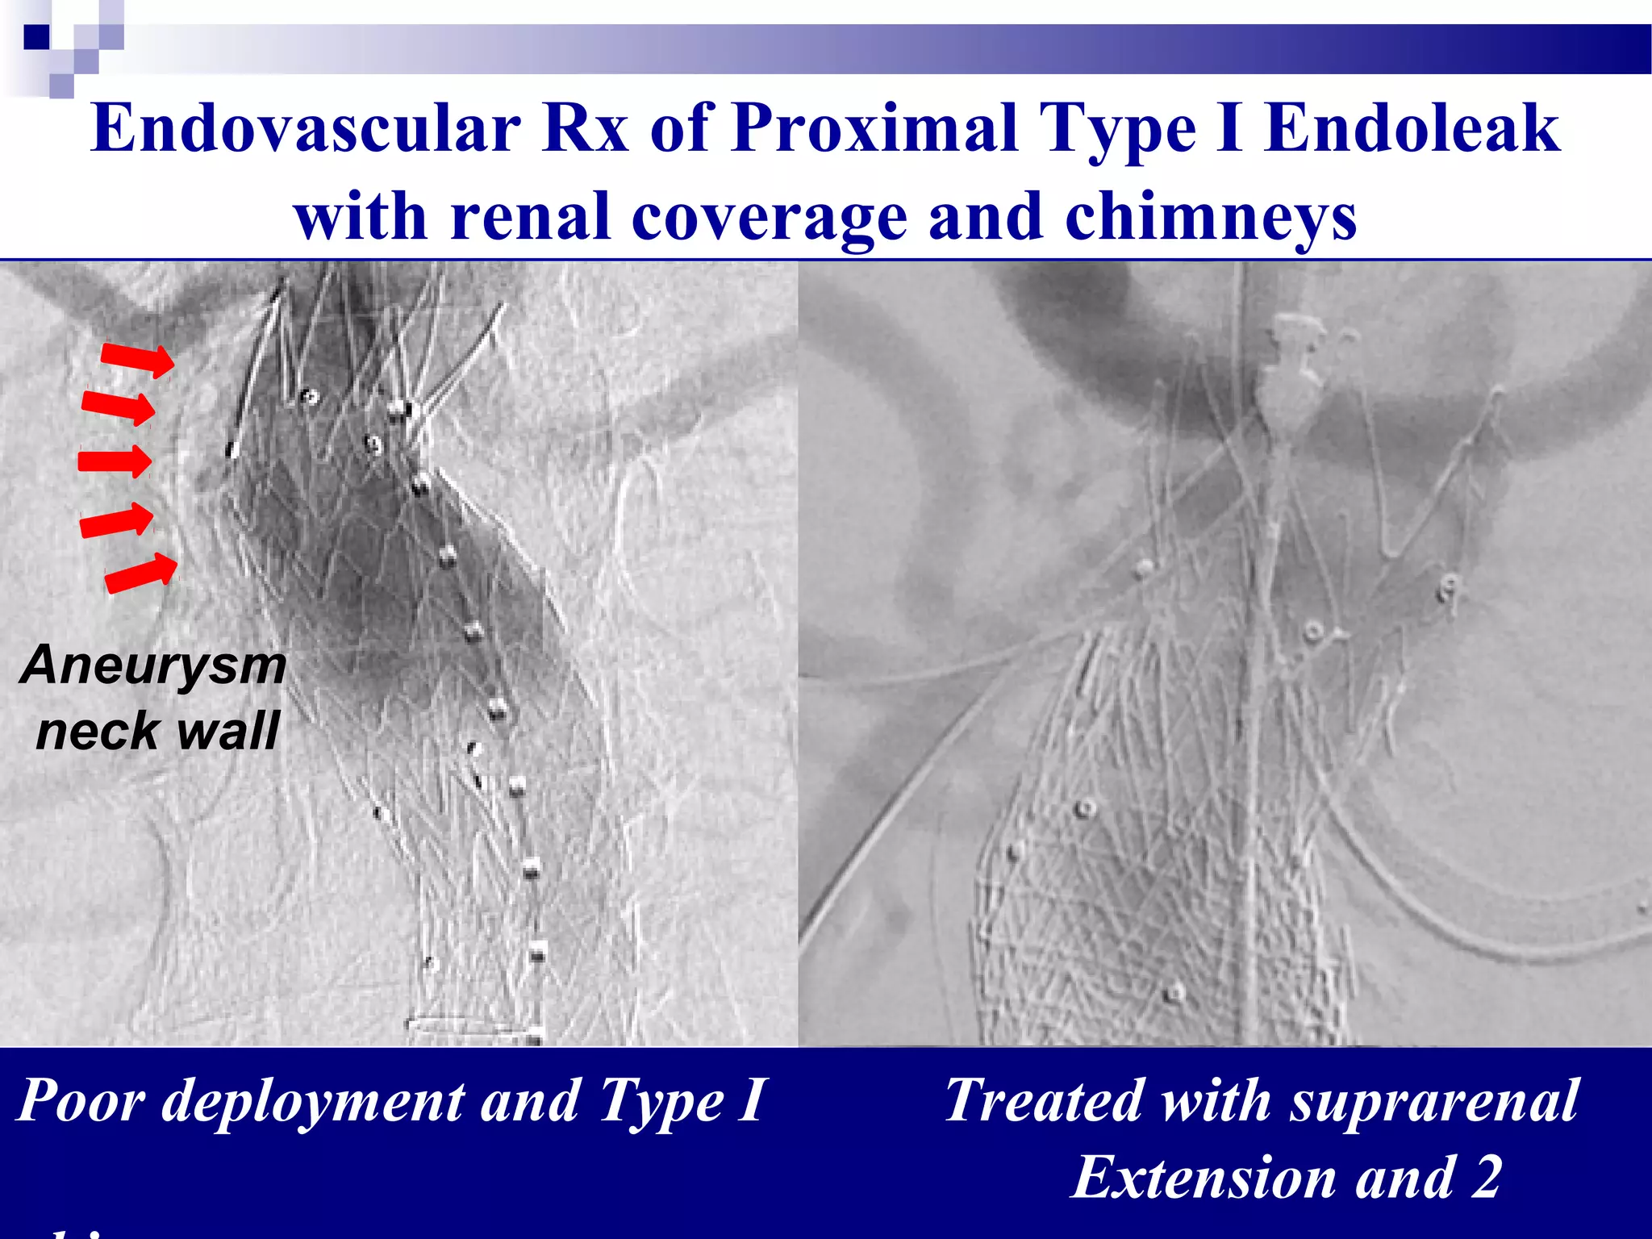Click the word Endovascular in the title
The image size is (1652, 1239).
pyautogui.click(x=306, y=129)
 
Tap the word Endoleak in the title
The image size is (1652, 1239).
pyautogui.click(x=1412, y=129)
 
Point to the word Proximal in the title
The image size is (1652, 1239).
pyautogui.click(x=874, y=129)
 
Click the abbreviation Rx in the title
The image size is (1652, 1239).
pyautogui.click(x=585, y=129)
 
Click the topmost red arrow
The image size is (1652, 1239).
pyautogui.click(x=137, y=359)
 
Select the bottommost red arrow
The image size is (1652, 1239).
pyautogui.click(x=141, y=573)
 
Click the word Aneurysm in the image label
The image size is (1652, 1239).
pyautogui.click(x=153, y=666)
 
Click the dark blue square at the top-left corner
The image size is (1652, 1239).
pyautogui.click(x=36, y=37)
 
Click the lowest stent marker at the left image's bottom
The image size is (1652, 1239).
pyautogui.click(x=534, y=1037)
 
